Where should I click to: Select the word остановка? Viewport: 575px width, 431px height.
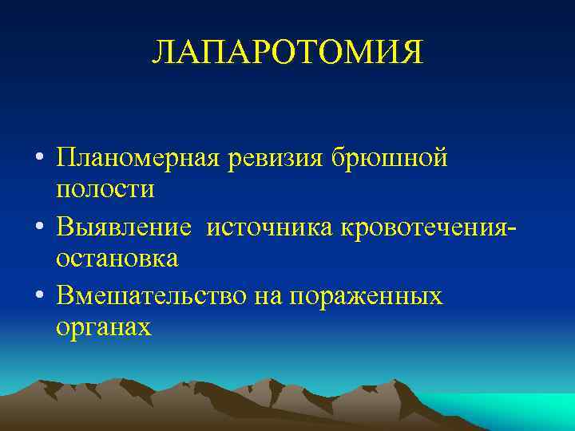point(117,260)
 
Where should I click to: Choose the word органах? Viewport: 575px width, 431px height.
point(104,328)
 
